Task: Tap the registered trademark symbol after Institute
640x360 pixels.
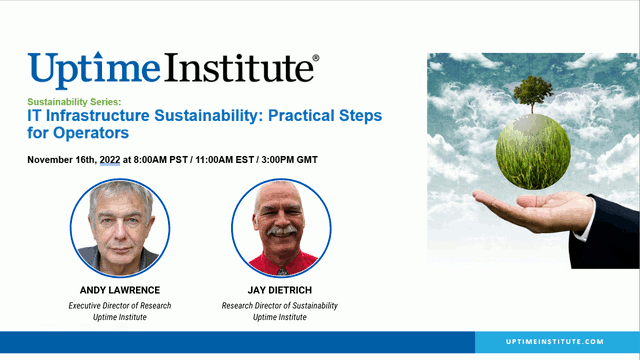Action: pos(316,59)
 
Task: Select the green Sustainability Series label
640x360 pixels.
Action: pos(74,102)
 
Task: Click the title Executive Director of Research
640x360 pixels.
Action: pos(121,304)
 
